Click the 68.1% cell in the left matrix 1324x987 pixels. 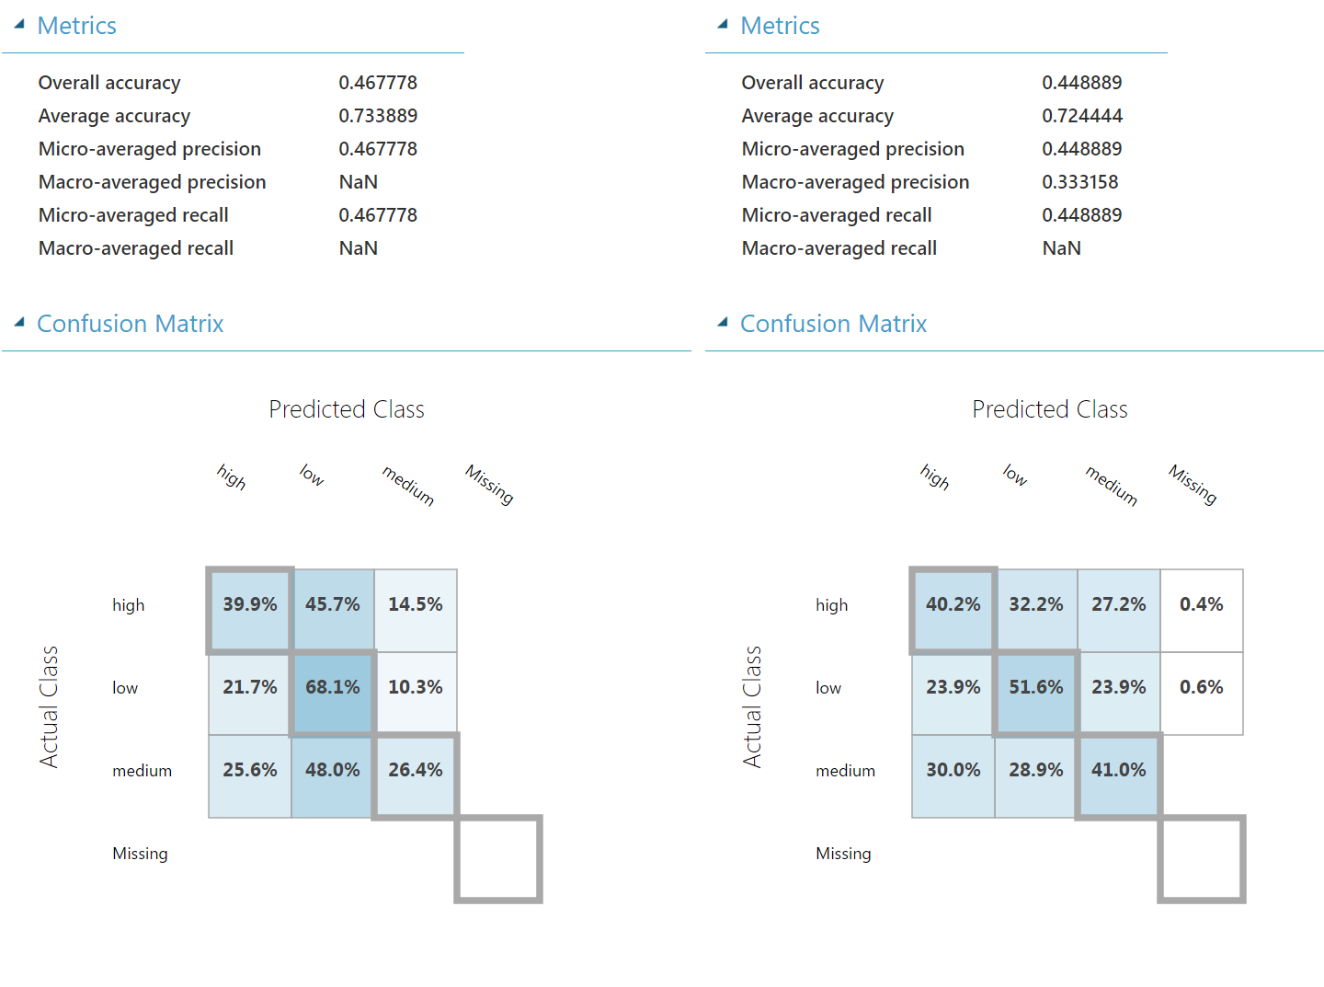333,687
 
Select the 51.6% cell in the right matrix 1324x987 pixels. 1036,687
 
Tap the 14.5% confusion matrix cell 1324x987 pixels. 416,604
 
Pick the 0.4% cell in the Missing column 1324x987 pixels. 1202,604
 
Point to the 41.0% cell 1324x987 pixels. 1119,770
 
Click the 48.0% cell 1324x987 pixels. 333,770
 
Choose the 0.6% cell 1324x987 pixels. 1202,687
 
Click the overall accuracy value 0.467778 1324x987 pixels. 378,83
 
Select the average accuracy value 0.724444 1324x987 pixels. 1082,116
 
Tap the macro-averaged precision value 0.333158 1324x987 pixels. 1080,182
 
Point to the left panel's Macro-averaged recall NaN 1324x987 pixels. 359,248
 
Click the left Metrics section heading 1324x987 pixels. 77,26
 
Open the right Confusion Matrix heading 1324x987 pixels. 833,324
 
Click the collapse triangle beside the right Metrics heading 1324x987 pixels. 723,25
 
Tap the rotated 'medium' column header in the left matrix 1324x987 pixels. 408,485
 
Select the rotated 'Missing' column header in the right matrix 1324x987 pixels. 1193,484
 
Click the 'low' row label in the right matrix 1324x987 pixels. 828,688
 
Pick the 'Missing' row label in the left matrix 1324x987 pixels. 140,854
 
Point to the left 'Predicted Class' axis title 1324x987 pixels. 347,409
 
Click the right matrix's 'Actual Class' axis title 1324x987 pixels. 752,706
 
